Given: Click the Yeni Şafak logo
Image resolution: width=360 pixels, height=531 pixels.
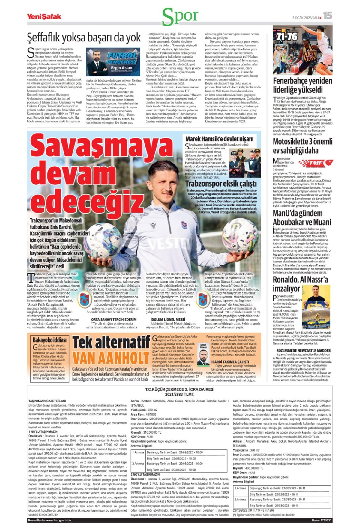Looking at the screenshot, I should pyautogui.click(x=44, y=16).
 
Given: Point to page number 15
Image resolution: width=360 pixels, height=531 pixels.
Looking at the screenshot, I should pyautogui.click(x=328, y=16).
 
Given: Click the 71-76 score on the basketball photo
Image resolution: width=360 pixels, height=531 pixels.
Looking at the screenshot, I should pyautogui.click(x=287, y=37).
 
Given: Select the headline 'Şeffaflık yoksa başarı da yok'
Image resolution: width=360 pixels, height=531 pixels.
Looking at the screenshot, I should pyautogui.click(x=84, y=37).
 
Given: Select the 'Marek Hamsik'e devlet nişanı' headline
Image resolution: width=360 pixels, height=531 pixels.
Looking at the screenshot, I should pyautogui.click(x=219, y=139).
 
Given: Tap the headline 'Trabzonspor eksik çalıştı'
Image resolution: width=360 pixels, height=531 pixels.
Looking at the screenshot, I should pyautogui.click(x=221, y=184).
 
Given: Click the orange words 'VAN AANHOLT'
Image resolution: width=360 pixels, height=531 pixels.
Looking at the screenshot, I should pyautogui.click(x=111, y=358).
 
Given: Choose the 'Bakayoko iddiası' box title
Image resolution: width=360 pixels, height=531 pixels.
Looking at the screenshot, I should pyautogui.click(x=50, y=340).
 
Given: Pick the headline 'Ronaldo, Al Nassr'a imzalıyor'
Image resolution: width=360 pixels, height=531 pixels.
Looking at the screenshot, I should pyautogui.click(x=300, y=284).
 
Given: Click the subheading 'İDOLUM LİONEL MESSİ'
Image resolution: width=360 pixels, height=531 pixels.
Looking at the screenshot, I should pyautogui.click(x=168, y=319).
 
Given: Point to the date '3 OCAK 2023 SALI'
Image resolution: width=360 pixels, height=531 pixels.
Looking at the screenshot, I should pyautogui.click(x=305, y=18).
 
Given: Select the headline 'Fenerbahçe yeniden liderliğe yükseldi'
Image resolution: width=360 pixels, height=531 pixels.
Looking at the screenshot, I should pyautogui.click(x=302, y=85).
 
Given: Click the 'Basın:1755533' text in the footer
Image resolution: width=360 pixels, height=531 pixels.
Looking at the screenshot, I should pyautogui.click(x=322, y=520).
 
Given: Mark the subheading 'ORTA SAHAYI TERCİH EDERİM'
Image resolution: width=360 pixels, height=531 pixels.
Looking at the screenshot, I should pyautogui.click(x=114, y=319).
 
